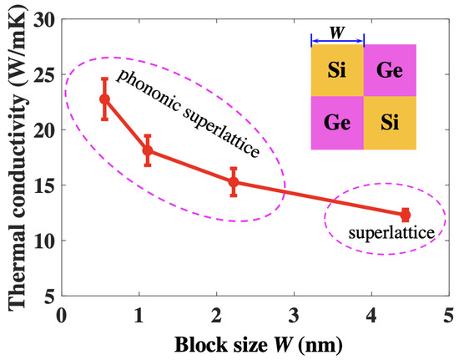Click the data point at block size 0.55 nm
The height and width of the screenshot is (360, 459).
pos(104,99)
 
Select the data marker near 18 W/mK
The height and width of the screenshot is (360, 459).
pos(148,150)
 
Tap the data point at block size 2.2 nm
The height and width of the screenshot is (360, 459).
pos(234,181)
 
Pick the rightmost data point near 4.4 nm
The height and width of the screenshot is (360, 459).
pos(406,215)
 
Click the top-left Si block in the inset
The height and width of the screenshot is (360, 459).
pos(337,70)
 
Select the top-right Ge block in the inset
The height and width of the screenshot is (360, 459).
pos(390,70)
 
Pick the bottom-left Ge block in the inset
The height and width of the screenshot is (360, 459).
pos(337,124)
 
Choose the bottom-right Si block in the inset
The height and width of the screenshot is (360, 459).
pos(390,124)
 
